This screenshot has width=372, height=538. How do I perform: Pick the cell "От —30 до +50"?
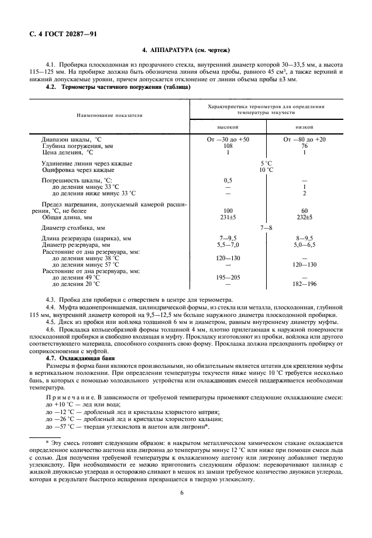coord(228,140)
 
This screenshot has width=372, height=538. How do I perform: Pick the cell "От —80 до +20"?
coord(304,140)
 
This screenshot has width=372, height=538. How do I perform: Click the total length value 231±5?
coord(228,216)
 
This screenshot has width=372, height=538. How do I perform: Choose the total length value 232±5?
coord(304,216)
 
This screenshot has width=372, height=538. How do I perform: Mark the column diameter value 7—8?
coord(266,227)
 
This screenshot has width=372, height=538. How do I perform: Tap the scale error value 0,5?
coord(228,181)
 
